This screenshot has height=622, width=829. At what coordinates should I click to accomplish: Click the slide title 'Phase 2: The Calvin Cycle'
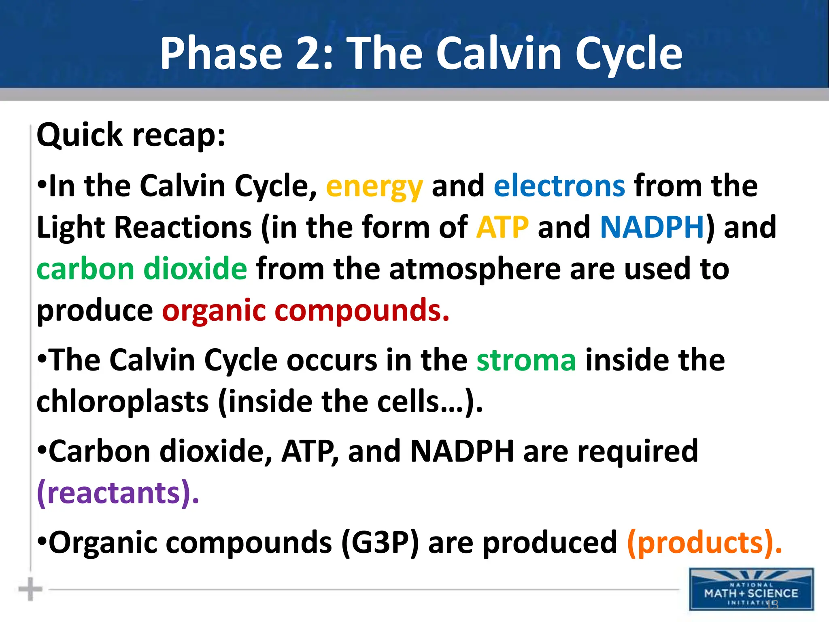pos(421,54)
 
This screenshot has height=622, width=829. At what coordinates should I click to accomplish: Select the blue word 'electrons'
pos(559,186)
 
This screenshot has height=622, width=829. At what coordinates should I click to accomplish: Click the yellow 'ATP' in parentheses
pos(502,228)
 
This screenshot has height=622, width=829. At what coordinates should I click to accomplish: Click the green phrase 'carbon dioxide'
pos(142,269)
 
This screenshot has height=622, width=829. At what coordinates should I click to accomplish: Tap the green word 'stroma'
pos(526,360)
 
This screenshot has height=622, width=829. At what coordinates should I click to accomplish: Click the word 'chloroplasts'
pos(123,402)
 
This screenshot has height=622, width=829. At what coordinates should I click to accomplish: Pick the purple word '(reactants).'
pos(118,493)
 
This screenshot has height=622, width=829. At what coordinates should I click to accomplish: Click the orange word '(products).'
pos(704,543)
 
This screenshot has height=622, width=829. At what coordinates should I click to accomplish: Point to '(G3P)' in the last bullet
pos(380,543)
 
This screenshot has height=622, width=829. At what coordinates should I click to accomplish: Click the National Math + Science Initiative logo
pos(751,589)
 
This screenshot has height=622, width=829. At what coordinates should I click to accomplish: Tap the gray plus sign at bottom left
pos(30,589)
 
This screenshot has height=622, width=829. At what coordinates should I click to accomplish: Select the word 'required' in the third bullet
pos(638,452)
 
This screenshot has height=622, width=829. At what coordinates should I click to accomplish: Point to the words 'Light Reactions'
pos(144,228)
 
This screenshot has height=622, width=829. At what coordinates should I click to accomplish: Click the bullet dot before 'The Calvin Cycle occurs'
pos(42,358)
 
